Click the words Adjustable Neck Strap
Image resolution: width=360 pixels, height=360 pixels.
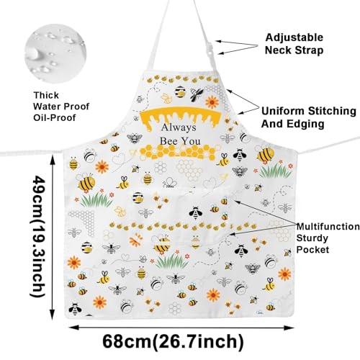294,44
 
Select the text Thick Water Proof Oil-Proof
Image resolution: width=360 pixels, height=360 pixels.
61,107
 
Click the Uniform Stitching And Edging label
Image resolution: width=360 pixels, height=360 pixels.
309,117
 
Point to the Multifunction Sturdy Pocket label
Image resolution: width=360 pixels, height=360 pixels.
328,238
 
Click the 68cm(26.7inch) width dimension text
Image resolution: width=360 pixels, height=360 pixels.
173,341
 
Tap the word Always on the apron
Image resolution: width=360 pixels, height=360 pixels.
179,127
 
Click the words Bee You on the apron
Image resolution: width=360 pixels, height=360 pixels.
180,141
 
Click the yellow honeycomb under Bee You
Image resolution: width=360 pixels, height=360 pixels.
178,152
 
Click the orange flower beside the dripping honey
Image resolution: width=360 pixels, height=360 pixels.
212,102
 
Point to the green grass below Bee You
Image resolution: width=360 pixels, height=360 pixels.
172,261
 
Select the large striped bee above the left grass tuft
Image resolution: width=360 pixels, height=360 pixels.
86,182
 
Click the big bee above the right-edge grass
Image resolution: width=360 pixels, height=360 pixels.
265,154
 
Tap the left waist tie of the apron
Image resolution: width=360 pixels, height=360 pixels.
32,153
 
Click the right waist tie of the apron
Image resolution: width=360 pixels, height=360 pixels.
328,145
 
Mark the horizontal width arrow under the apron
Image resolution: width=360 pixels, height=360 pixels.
181,328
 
